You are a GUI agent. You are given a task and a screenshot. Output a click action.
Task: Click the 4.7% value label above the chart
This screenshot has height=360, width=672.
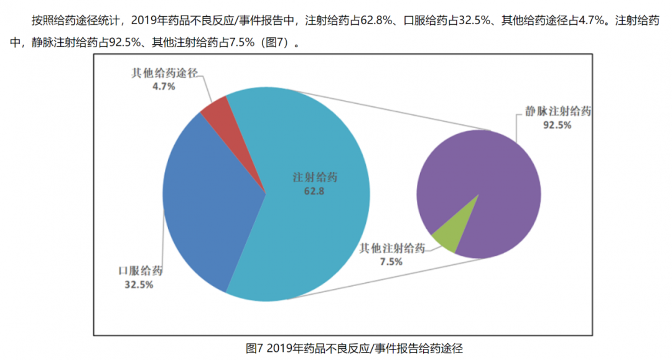click(164, 86)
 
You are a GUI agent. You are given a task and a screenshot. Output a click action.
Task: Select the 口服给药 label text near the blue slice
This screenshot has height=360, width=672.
click(140, 271)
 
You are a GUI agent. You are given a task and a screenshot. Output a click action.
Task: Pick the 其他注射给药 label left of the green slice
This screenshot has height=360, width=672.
click(392, 249)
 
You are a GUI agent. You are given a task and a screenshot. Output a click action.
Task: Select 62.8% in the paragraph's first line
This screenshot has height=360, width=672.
click(372, 21)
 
